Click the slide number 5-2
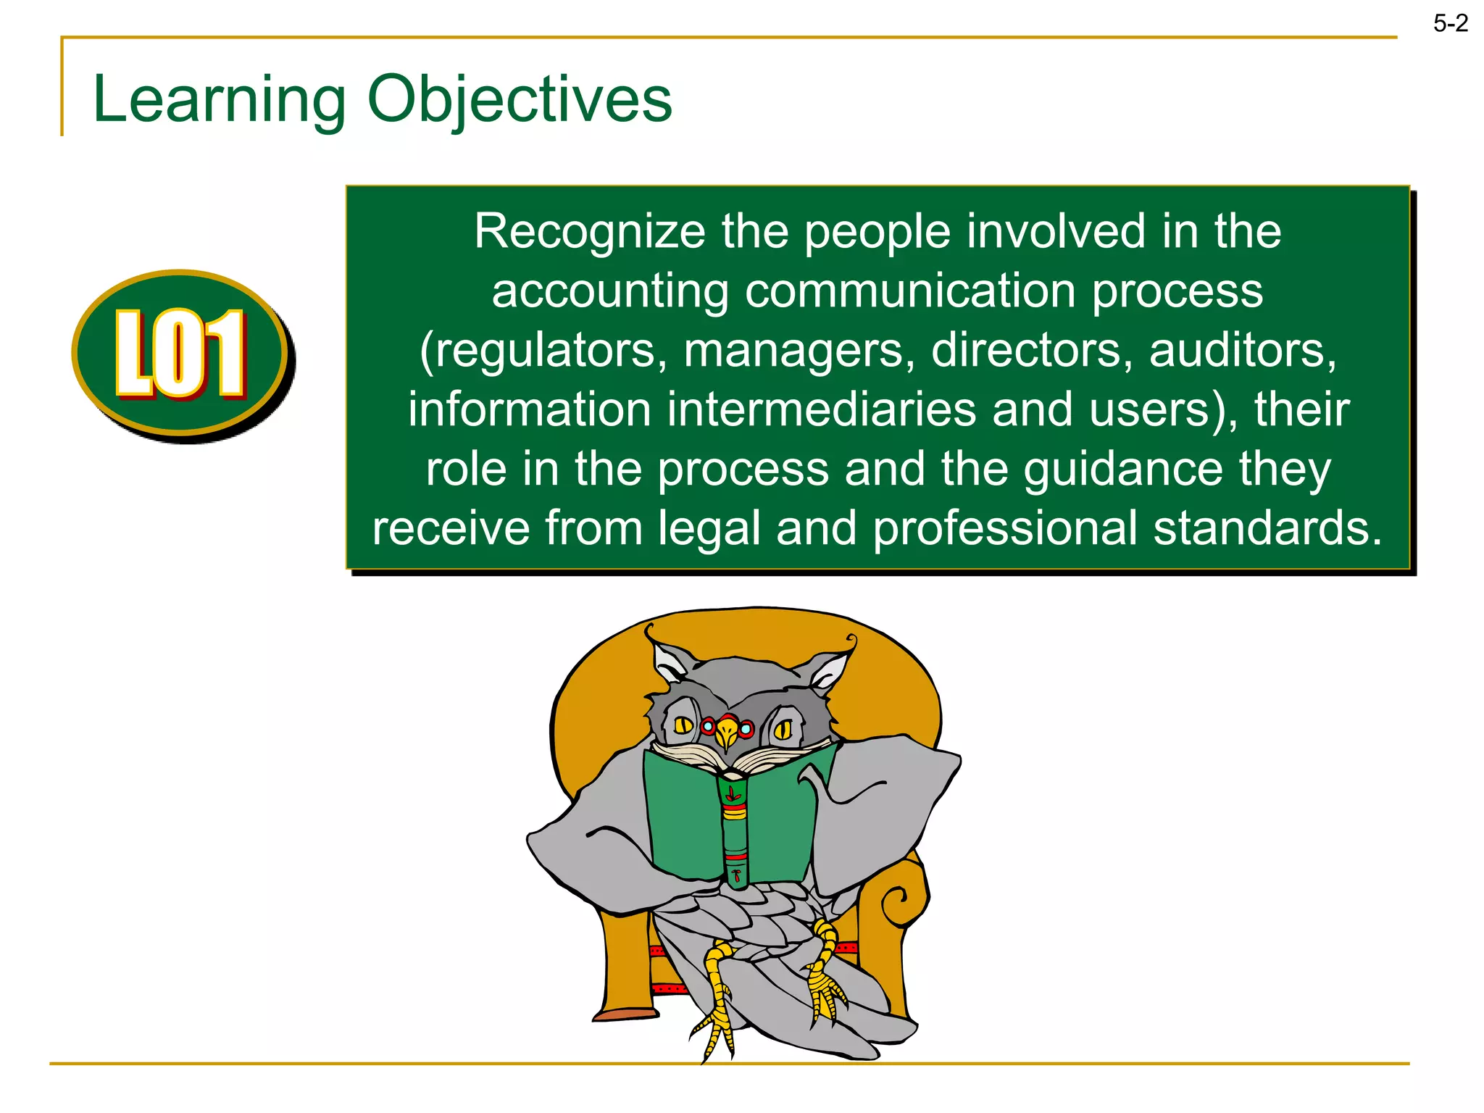click(1450, 24)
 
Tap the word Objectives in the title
click(520, 99)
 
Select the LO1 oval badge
click(181, 354)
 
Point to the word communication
click(910, 291)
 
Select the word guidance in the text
click(1123, 469)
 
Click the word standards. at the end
click(1268, 528)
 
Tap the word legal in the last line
click(709, 528)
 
